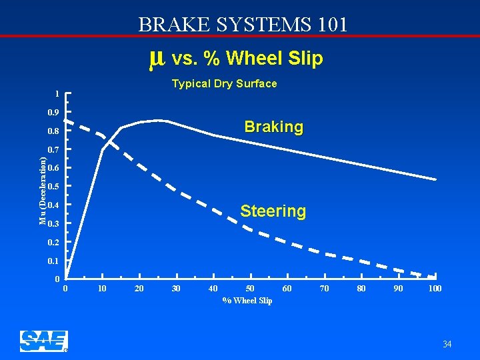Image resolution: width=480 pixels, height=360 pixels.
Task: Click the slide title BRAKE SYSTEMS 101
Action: (243, 25)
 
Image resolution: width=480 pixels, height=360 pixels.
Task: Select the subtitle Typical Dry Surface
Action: (224, 83)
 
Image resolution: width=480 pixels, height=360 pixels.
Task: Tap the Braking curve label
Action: (273, 127)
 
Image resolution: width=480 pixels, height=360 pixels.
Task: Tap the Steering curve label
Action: (273, 211)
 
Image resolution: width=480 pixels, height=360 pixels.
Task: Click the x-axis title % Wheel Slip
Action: (247, 301)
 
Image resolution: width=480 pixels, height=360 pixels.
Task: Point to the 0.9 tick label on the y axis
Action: (53, 113)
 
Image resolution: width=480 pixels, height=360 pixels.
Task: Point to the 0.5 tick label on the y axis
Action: (53, 187)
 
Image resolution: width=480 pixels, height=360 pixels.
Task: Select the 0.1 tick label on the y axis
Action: (53, 261)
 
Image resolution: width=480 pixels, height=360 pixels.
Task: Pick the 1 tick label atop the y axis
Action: (57, 94)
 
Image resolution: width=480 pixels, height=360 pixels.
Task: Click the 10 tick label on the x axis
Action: (102, 288)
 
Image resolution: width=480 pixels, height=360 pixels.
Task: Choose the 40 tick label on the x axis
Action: (213, 288)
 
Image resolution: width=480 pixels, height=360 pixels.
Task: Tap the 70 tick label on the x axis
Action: (324, 288)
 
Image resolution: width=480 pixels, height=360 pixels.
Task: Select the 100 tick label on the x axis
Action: (435, 288)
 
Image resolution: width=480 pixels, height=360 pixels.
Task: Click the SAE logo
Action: (43, 341)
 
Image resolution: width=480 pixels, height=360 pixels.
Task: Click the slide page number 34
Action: (447, 344)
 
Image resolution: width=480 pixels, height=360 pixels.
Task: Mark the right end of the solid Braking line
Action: (436, 179)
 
